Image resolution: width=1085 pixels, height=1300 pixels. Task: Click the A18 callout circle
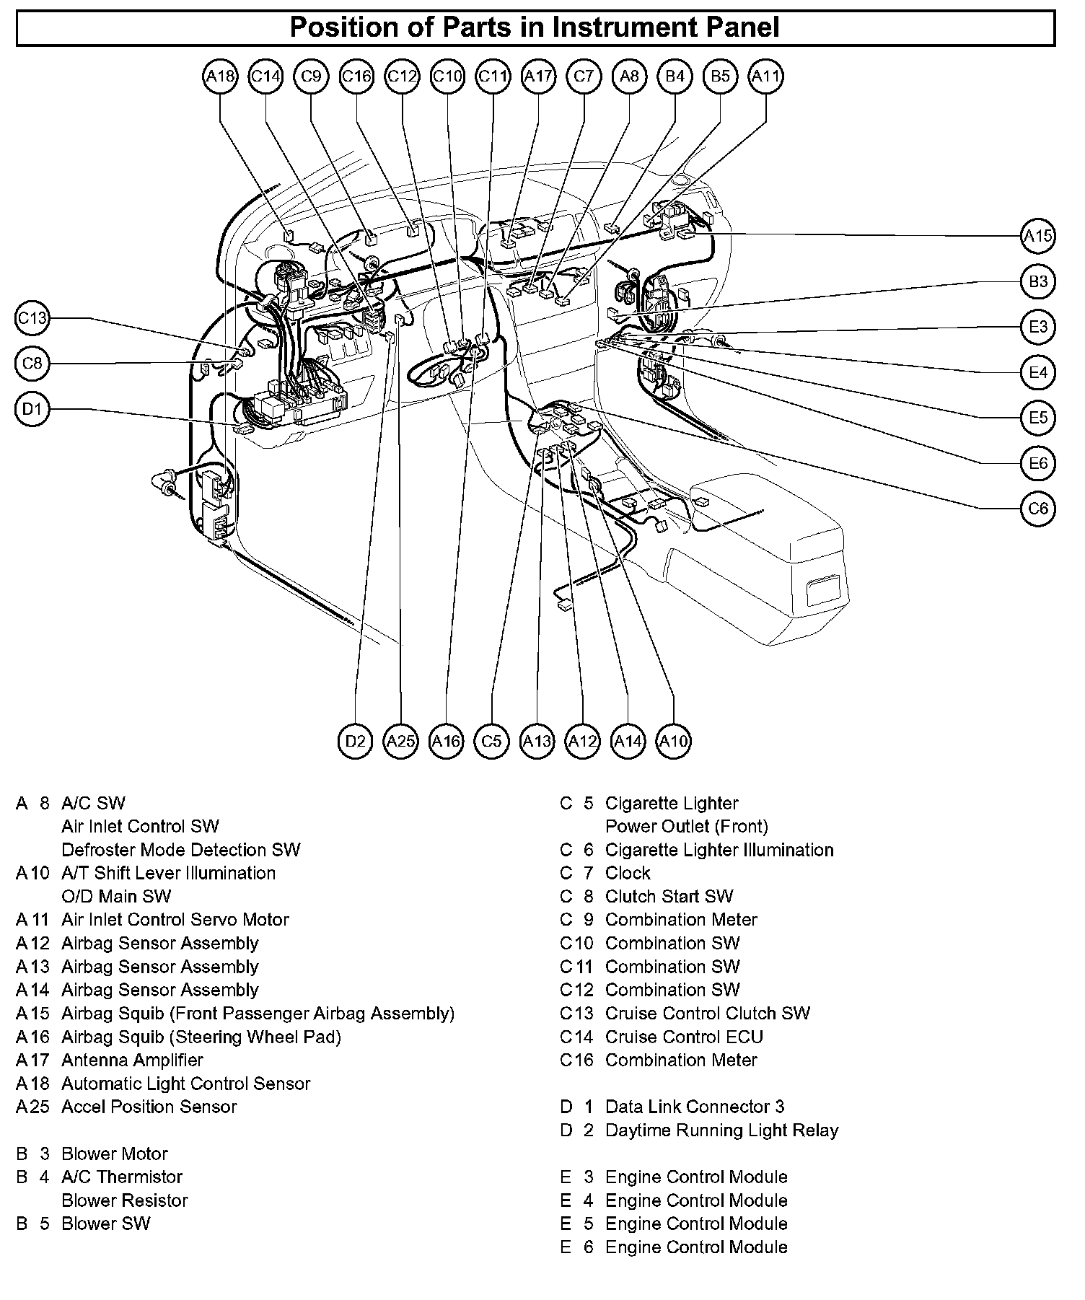click(x=220, y=76)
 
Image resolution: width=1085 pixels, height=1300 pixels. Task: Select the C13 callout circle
click(x=32, y=318)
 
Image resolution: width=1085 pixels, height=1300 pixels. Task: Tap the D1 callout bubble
click(x=32, y=410)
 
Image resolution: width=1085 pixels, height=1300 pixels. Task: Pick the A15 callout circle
click(x=1038, y=236)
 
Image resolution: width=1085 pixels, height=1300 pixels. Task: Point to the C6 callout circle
click(x=1038, y=509)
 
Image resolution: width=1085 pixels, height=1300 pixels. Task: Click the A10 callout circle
click(x=673, y=741)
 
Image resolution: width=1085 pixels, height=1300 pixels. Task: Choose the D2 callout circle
click(x=355, y=741)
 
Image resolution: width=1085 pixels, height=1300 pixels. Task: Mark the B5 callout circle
click(x=720, y=76)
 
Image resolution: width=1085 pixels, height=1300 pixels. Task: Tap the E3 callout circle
click(x=1038, y=327)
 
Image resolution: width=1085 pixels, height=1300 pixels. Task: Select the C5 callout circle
click(x=491, y=741)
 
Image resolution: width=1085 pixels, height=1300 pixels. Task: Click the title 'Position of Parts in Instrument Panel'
click(x=535, y=28)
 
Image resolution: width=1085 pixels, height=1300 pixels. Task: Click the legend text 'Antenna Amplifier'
click(x=132, y=1060)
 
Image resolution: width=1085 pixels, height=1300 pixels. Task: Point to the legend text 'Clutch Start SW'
click(x=669, y=896)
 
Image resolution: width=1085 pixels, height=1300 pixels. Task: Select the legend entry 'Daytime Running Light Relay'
click(x=721, y=1130)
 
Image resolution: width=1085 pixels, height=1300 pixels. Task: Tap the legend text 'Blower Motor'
click(x=114, y=1154)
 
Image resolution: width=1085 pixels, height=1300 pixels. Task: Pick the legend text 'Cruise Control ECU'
click(x=684, y=1037)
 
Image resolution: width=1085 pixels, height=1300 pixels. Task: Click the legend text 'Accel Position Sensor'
click(x=149, y=1107)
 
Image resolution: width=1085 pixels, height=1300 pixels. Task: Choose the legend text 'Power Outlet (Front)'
click(x=686, y=826)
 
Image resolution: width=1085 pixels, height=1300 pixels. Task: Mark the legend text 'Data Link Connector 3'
click(x=694, y=1107)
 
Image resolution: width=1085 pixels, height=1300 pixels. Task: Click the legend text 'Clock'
click(x=628, y=873)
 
